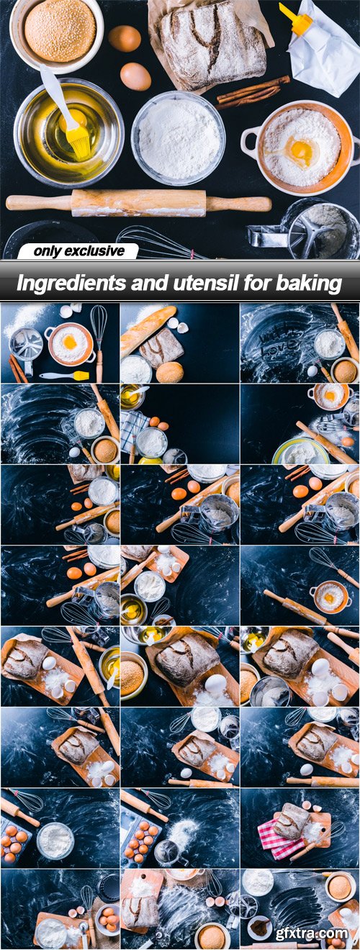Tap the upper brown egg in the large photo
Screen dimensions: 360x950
tap(125, 39)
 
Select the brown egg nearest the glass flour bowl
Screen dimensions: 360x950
tap(135, 77)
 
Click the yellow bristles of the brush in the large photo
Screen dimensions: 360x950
tap(78, 137)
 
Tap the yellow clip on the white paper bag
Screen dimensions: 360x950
tap(296, 19)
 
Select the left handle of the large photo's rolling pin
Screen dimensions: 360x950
tap(39, 203)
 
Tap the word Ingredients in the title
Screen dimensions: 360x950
tap(71, 284)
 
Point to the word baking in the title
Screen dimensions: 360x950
tap(309, 284)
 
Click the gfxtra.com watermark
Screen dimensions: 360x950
tap(311, 933)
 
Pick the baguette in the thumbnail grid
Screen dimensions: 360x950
tap(148, 331)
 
